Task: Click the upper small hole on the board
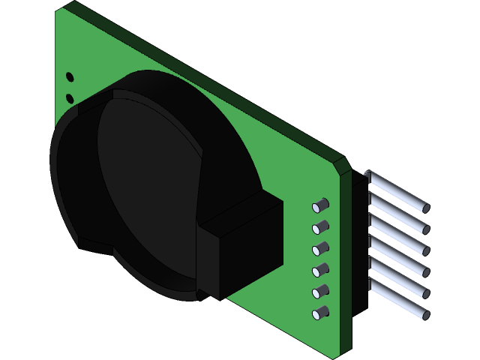click(x=70, y=76)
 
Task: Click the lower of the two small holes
click(x=70, y=98)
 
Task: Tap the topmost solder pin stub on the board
click(x=321, y=204)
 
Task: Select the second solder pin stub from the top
click(x=321, y=226)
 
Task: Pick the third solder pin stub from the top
click(x=321, y=247)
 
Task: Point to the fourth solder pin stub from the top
click(x=321, y=269)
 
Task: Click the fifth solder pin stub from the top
click(x=321, y=291)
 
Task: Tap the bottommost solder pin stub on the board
click(x=321, y=313)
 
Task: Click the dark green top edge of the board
click(x=202, y=75)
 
